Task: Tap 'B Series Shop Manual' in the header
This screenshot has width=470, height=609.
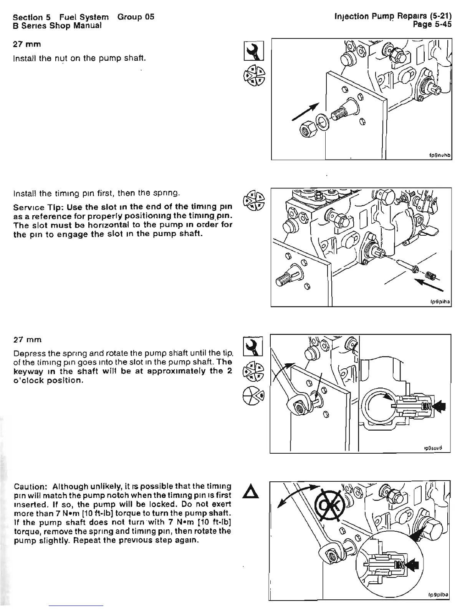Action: pos(57,25)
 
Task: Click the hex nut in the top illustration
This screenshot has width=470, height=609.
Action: pos(308,133)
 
